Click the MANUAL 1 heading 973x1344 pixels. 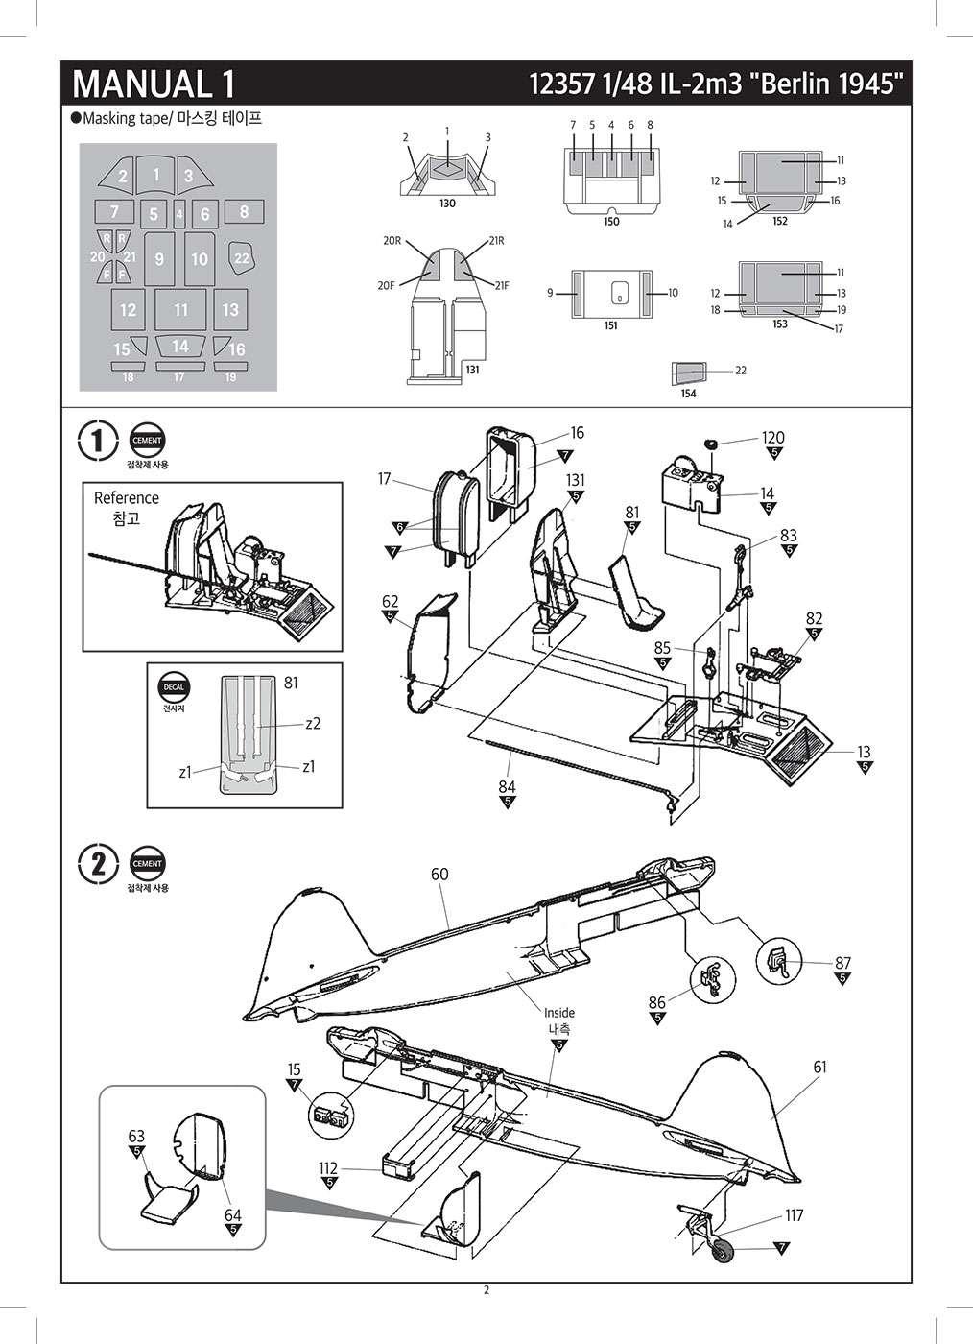pyautogui.click(x=154, y=84)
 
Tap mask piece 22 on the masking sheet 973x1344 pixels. pyautogui.click(x=242, y=257)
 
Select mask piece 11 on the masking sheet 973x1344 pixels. pyautogui.click(x=181, y=309)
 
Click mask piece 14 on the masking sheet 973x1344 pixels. pyautogui.click(x=179, y=346)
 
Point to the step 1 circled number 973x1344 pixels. pyautogui.click(x=98, y=441)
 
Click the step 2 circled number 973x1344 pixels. pyautogui.click(x=98, y=863)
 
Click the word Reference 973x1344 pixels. pyautogui.click(x=127, y=498)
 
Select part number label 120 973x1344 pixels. pyautogui.click(x=772, y=438)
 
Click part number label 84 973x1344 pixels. pyautogui.click(x=507, y=786)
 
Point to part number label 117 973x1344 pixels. pyautogui.click(x=794, y=1215)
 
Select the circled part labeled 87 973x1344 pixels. pyautogui.click(x=777, y=961)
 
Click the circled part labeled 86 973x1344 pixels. pyautogui.click(x=711, y=979)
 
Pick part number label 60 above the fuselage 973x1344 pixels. pyautogui.click(x=439, y=875)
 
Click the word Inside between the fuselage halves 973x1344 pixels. pyautogui.click(x=559, y=1013)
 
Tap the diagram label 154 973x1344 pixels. pyautogui.click(x=688, y=394)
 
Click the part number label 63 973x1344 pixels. pyautogui.click(x=136, y=1137)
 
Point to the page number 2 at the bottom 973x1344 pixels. pyautogui.click(x=486, y=1289)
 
